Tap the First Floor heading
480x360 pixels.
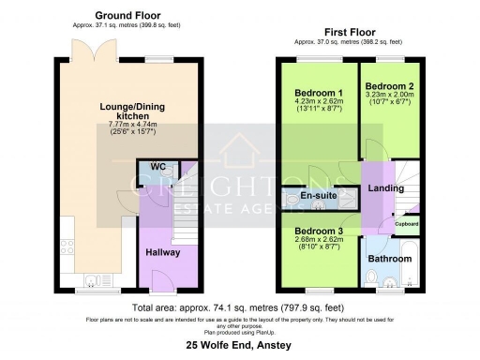click(x=349, y=31)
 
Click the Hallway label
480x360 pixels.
click(x=162, y=252)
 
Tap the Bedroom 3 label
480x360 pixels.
click(x=319, y=231)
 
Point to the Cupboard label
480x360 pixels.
click(x=406, y=224)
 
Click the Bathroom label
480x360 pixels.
click(x=387, y=258)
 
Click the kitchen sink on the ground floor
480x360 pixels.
click(x=90, y=278)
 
